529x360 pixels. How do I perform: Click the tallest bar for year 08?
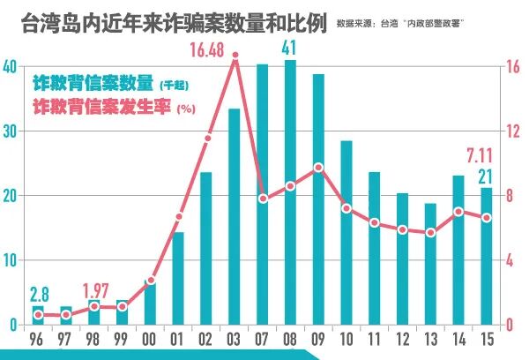291,194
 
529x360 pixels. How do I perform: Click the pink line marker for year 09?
319,167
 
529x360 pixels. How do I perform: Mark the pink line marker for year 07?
263,199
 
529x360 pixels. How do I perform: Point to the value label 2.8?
40,294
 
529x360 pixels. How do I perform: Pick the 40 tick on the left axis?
9,67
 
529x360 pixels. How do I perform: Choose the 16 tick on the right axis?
514,67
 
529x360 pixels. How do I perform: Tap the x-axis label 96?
38,341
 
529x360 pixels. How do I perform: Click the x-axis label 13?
431,341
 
